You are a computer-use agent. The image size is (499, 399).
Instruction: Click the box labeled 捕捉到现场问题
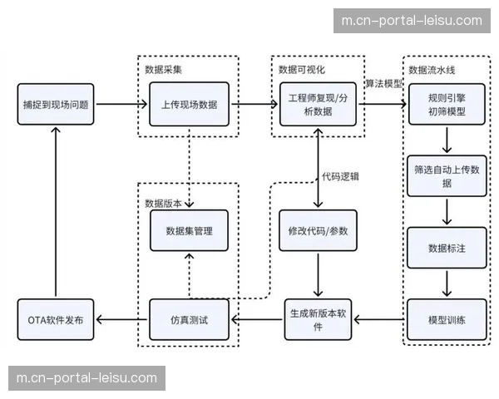click(56, 105)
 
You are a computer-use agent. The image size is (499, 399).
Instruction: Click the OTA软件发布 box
click(56, 319)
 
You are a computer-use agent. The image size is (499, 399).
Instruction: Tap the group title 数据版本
click(163, 201)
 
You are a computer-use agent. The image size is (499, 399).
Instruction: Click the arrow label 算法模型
click(383, 84)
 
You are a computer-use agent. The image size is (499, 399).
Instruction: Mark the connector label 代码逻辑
click(341, 176)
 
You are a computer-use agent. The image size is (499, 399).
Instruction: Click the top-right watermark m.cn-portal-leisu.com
click(412, 21)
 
